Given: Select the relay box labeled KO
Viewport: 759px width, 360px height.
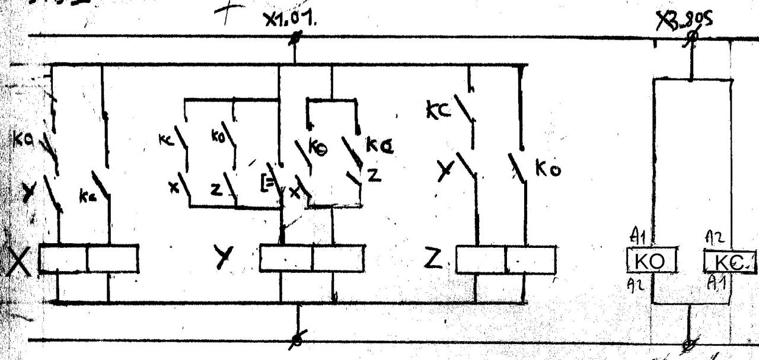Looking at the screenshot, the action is (x=651, y=262).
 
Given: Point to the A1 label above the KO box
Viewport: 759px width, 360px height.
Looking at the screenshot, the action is (x=638, y=238).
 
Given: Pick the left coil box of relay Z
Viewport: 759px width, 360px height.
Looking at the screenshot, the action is (x=481, y=259).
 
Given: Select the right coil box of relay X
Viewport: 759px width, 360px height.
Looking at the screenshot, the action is (x=113, y=259).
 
